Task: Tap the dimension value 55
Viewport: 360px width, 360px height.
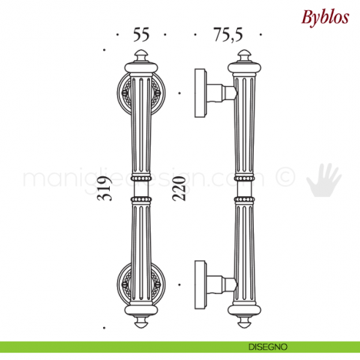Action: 141,34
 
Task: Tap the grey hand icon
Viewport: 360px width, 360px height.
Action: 323,181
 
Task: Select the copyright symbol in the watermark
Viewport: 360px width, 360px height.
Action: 287,177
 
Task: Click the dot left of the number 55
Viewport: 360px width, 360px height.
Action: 117,34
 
